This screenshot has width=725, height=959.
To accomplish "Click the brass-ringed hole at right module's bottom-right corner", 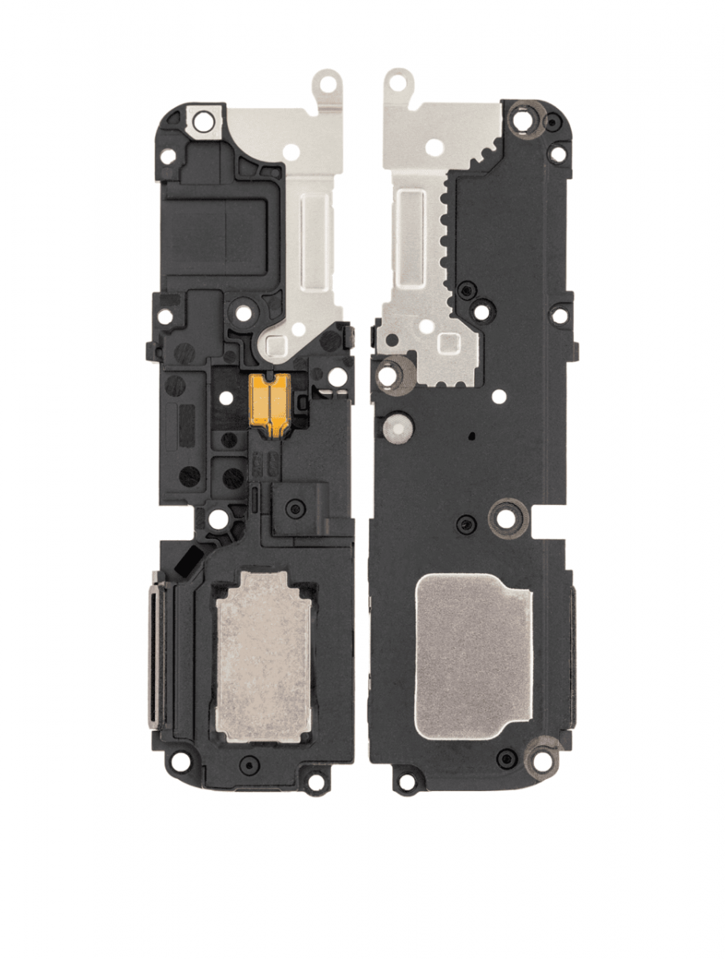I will click(x=543, y=753).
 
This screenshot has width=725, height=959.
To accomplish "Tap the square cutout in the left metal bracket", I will click(x=277, y=344).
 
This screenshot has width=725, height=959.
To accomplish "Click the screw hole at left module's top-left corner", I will click(x=205, y=121).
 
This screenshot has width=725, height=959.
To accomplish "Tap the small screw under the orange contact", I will click(x=296, y=507).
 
